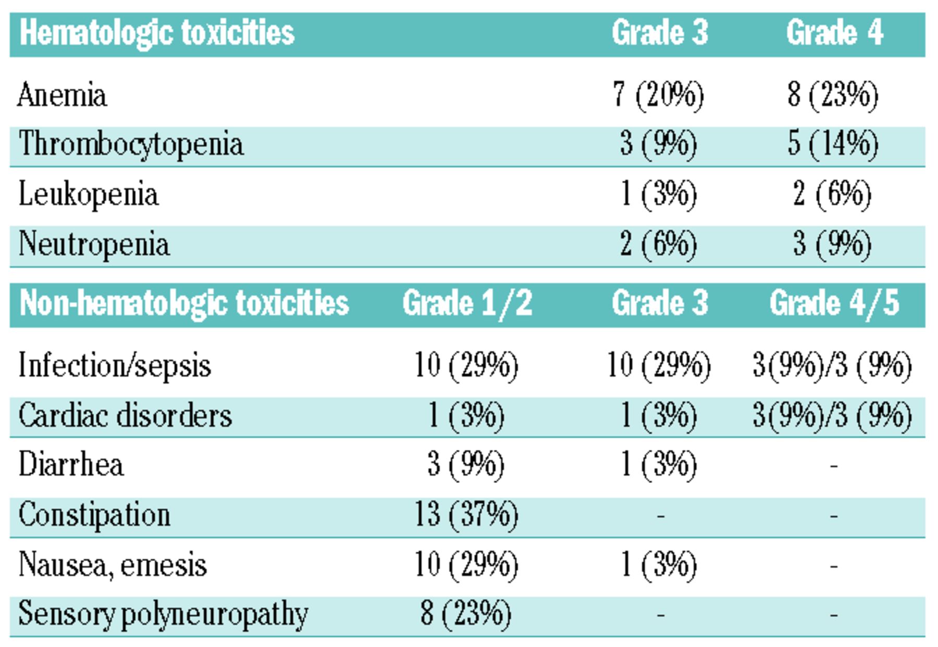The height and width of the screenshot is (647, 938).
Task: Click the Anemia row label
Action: pyautogui.click(x=62, y=95)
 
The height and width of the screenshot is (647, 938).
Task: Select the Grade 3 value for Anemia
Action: pyautogui.click(x=659, y=95)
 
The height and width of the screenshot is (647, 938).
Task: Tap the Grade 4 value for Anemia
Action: pyautogui.click(x=833, y=95)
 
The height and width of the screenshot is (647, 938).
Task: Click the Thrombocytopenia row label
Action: pyautogui.click(x=131, y=144)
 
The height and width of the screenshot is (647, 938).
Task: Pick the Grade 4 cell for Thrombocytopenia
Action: pyautogui.click(x=833, y=144)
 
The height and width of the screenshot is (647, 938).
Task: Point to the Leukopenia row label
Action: pyautogui.click(x=88, y=195)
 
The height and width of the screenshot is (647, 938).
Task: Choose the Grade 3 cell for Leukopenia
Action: pyautogui.click(x=659, y=195)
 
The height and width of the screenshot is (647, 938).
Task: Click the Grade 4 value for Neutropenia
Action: pyautogui.click(x=833, y=244)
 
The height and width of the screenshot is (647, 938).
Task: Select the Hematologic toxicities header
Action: pyautogui.click(x=157, y=33)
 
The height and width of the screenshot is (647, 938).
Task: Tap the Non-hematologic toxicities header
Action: pyautogui.click(x=184, y=303)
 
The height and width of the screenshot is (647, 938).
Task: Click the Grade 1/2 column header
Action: pyautogui.click(x=467, y=303)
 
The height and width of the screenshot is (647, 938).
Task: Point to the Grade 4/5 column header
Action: pyautogui.click(x=834, y=303)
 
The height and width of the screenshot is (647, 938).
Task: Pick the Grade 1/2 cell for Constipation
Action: pyautogui.click(x=466, y=515)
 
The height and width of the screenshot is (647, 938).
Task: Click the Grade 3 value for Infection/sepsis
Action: pyautogui.click(x=659, y=365)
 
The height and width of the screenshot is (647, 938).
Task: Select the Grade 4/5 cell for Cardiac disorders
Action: pyautogui.click(x=832, y=416)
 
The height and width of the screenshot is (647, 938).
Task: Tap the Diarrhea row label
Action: pyautogui.click(x=71, y=464)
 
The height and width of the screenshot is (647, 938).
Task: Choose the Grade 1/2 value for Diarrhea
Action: pyautogui.click(x=466, y=464)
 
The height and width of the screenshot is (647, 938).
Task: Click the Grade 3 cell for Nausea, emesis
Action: pyautogui.click(x=659, y=565)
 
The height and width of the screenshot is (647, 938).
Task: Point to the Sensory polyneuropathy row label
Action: pyautogui.click(x=163, y=614)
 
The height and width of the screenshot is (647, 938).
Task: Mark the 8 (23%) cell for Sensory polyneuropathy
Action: pyautogui.click(x=466, y=614)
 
